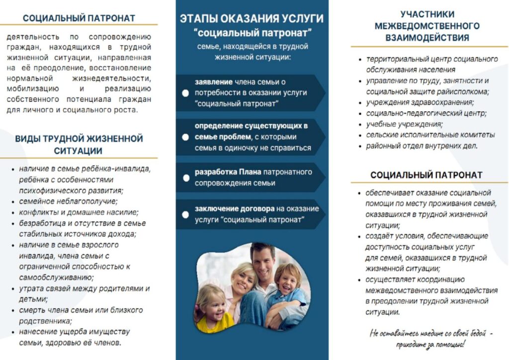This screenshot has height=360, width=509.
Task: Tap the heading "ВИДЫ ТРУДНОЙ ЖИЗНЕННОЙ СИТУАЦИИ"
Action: [x=79, y=144]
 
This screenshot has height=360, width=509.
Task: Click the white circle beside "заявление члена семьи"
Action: [x=185, y=93]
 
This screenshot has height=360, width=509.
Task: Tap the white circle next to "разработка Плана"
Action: [x=185, y=178]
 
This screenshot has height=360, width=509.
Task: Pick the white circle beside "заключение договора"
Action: [x=185, y=215]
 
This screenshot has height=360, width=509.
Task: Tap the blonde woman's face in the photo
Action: [x=243, y=280]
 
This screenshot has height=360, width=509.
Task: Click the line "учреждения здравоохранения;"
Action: [x=420, y=102]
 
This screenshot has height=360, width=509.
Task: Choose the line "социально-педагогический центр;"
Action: [x=426, y=113]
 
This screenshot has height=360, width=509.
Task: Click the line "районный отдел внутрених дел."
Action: [x=422, y=146]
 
